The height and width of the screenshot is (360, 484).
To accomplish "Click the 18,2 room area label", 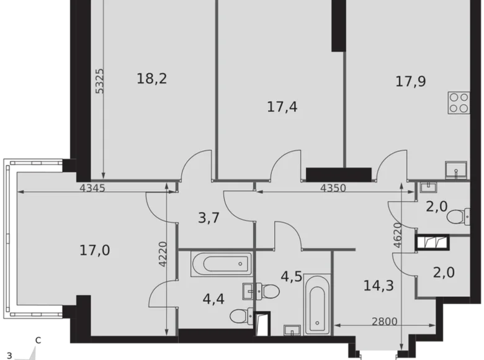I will point(152,79).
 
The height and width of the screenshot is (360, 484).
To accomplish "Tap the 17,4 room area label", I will point(282,107).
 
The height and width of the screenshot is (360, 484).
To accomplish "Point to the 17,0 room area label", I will point(95,251).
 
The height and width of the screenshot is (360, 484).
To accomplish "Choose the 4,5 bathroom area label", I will point(292,276).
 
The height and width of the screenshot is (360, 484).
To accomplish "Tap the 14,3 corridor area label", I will point(379,286).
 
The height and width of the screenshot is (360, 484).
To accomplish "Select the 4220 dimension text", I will point(163,253).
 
